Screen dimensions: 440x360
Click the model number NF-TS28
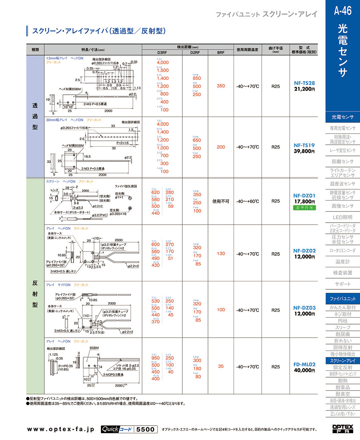click(304, 83)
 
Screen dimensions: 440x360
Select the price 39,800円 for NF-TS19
click(304, 151)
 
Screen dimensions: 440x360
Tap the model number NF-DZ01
click(304, 195)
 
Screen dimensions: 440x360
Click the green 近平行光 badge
click(304, 208)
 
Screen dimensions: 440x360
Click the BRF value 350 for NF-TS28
click(221, 86)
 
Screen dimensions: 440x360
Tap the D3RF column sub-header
click(162, 52)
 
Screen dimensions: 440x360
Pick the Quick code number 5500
click(145, 429)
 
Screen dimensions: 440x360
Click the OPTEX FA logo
click(343, 429)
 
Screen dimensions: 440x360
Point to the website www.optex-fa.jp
click(60, 429)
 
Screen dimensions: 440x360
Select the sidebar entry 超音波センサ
click(342, 184)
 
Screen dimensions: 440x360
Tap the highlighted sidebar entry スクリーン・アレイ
click(342, 361)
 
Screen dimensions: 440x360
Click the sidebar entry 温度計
click(342, 262)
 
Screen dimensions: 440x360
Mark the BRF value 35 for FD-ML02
click(221, 366)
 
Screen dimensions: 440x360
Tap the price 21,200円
click(304, 90)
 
